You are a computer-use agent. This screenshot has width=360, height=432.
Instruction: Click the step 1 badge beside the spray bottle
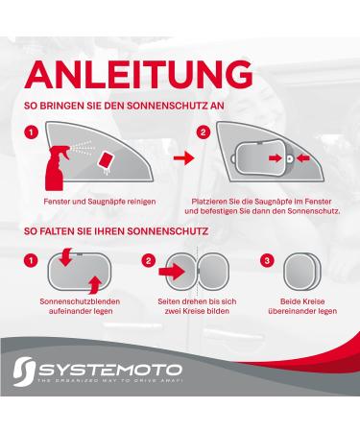tap(32, 132)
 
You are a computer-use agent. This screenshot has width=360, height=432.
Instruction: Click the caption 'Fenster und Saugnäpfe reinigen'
tap(101, 201)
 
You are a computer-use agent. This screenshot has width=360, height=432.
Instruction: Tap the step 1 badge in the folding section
tap(32, 260)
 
